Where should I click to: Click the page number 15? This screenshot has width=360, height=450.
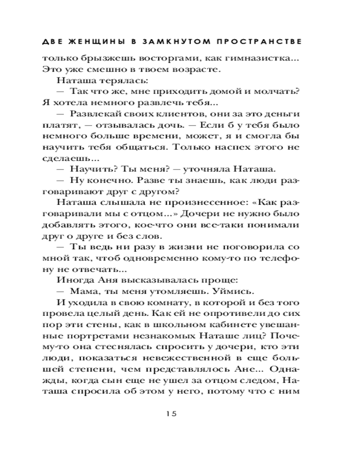click(173, 412)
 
